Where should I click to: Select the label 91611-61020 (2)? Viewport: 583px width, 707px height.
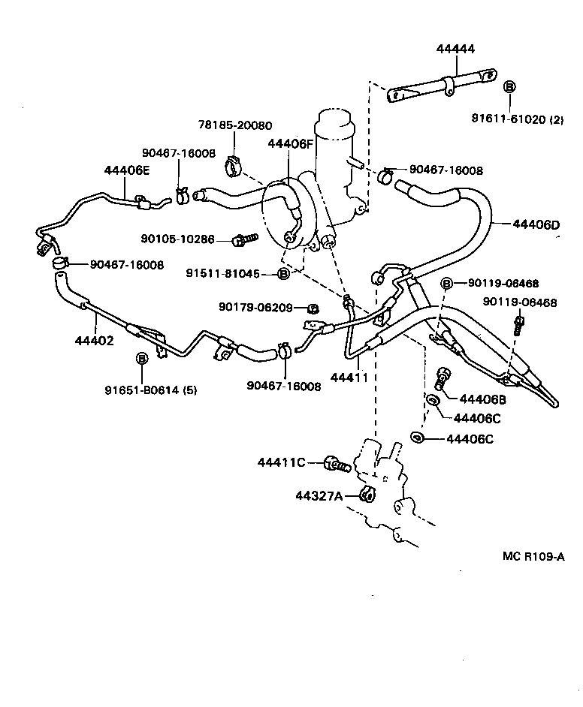[x=518, y=119]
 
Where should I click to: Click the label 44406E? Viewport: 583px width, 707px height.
[x=127, y=170]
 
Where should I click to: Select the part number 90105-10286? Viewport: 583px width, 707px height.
[x=177, y=239]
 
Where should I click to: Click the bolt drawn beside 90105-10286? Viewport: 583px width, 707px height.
[x=244, y=239]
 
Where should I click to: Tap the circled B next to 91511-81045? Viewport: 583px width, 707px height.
[x=283, y=274]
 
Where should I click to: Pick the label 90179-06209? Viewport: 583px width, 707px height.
[x=255, y=306]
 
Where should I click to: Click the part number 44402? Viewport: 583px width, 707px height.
[x=95, y=340]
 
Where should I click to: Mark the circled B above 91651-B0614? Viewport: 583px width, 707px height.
[x=141, y=359]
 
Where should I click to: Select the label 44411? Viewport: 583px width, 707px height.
[x=349, y=378]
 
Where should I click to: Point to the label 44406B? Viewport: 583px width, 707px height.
[x=483, y=399]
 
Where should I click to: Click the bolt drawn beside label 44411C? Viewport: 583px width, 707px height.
[x=337, y=465]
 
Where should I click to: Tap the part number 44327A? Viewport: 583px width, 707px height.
[x=319, y=495]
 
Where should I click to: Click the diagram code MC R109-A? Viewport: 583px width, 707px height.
[x=533, y=556]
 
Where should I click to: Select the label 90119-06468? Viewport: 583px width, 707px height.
[x=519, y=303]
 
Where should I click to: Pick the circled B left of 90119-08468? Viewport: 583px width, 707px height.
[x=447, y=283]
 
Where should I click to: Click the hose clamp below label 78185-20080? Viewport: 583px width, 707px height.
[x=234, y=165]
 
